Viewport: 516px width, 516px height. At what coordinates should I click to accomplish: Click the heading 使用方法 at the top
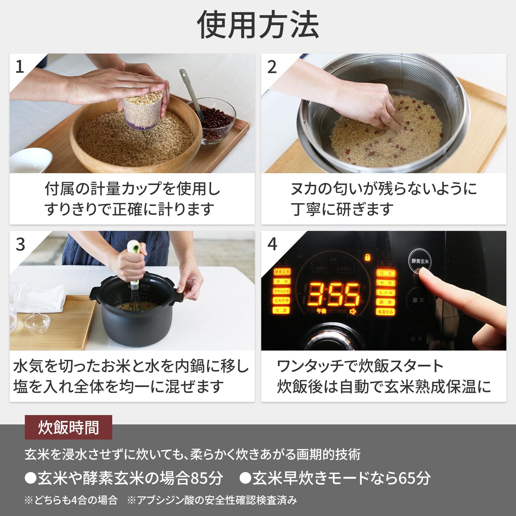pyautogui.click(x=258, y=25)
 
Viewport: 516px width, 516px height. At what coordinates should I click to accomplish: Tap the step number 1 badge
pyautogui.click(x=20, y=67)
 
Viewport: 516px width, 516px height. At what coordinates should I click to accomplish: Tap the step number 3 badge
pyautogui.click(x=20, y=244)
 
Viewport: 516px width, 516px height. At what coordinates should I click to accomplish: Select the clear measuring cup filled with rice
pyautogui.click(x=143, y=110)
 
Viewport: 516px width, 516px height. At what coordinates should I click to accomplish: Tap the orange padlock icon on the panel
pyautogui.click(x=367, y=257)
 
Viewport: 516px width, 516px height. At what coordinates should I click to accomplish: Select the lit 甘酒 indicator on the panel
pyautogui.click(x=282, y=310)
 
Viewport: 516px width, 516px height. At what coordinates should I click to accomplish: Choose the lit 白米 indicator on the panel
pyautogui.click(x=386, y=273)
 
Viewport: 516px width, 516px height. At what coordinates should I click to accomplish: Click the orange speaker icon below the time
pyautogui.click(x=353, y=311)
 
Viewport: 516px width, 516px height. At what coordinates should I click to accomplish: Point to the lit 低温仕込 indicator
pyautogui.click(x=386, y=312)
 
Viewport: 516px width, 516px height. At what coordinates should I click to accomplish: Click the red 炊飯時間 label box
pyautogui.click(x=68, y=427)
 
